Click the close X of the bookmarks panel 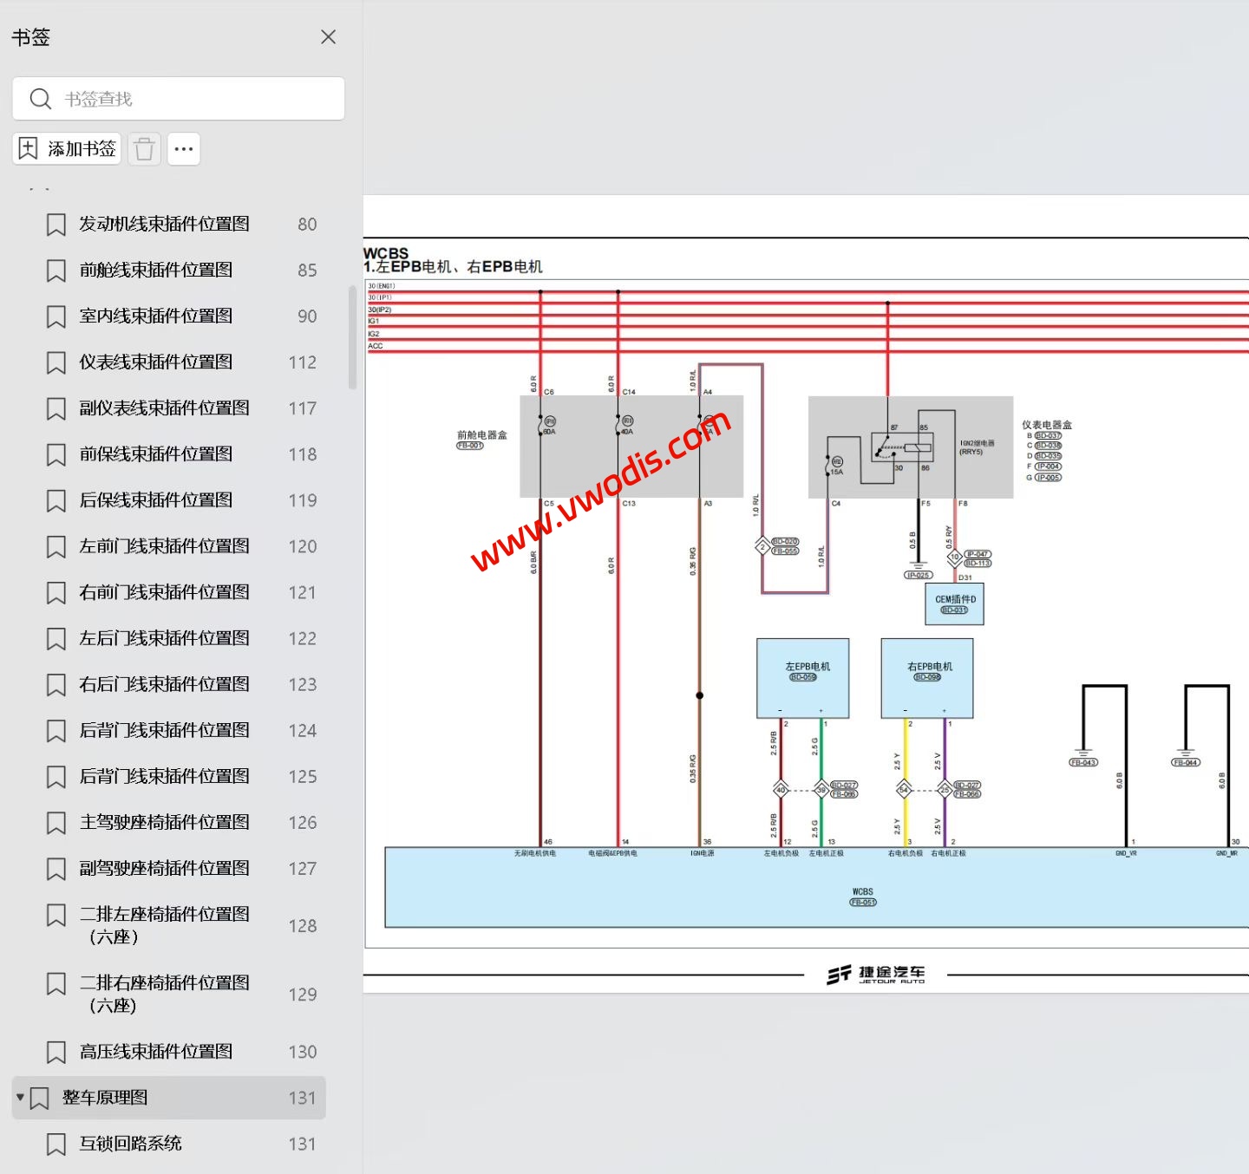click(328, 37)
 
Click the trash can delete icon click(145, 149)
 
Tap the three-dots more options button click(184, 149)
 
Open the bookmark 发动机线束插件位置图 click(164, 224)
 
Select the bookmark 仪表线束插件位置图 click(155, 362)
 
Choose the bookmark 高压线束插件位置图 click(155, 1052)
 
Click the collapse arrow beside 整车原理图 click(20, 1098)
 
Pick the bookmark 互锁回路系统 click(130, 1144)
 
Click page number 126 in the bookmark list click(302, 823)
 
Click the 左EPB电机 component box click(803, 678)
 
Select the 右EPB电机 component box click(927, 678)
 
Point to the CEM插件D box click(954, 603)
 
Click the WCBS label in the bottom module click(862, 891)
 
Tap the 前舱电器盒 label click(481, 434)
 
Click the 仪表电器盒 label click(1046, 425)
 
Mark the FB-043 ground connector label click(1083, 763)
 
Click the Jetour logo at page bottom click(875, 975)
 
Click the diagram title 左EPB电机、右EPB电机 click(459, 267)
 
